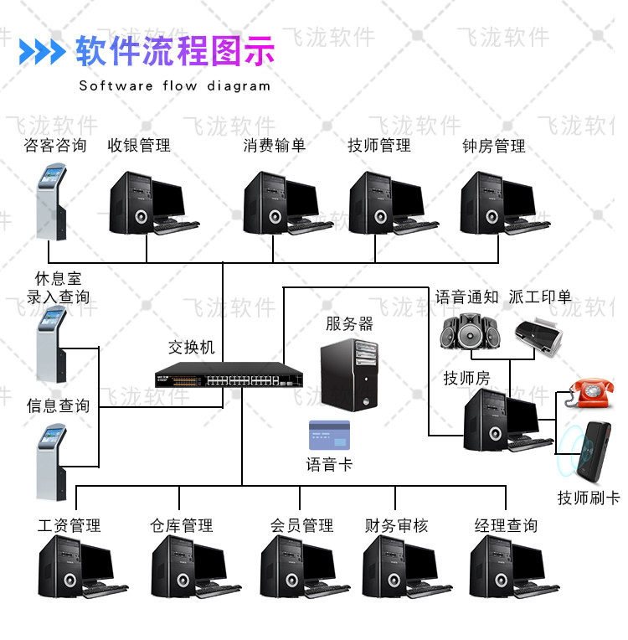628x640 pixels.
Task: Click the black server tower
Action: pos(352,374)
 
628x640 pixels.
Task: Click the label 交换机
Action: pos(192,346)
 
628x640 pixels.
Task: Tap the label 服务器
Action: pos(349,323)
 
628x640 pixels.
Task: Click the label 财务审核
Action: pos(396,526)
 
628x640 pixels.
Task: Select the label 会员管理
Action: pos(301,526)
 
